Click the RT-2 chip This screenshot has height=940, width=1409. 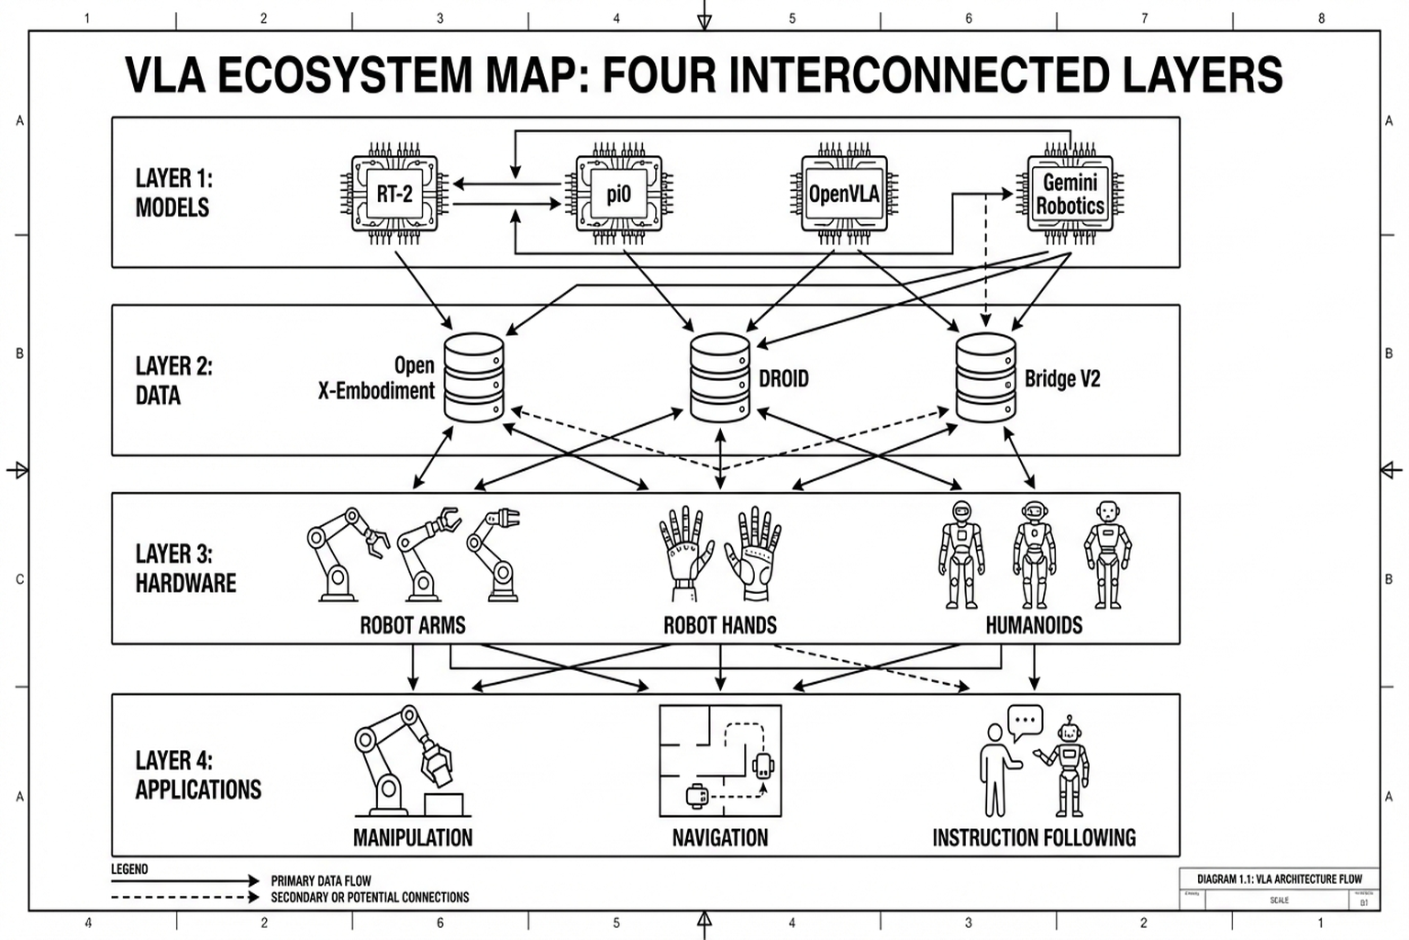394,194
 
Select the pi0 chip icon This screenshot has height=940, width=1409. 618,194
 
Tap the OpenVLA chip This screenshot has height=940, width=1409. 843,194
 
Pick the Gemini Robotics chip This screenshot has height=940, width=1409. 1070,194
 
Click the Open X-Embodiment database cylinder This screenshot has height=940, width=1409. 473,377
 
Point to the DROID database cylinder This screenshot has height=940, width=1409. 720,377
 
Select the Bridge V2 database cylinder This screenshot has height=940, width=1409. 985,377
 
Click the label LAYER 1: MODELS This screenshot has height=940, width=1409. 173,193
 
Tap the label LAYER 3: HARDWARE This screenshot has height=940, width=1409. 185,568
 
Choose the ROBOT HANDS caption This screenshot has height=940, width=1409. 720,626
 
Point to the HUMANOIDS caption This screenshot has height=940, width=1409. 1034,626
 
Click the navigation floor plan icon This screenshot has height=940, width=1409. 720,761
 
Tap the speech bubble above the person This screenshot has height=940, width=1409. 1025,722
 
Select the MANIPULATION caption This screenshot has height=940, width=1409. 413,837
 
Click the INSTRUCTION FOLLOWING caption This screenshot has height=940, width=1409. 1034,837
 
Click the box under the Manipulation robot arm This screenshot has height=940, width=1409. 443,804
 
